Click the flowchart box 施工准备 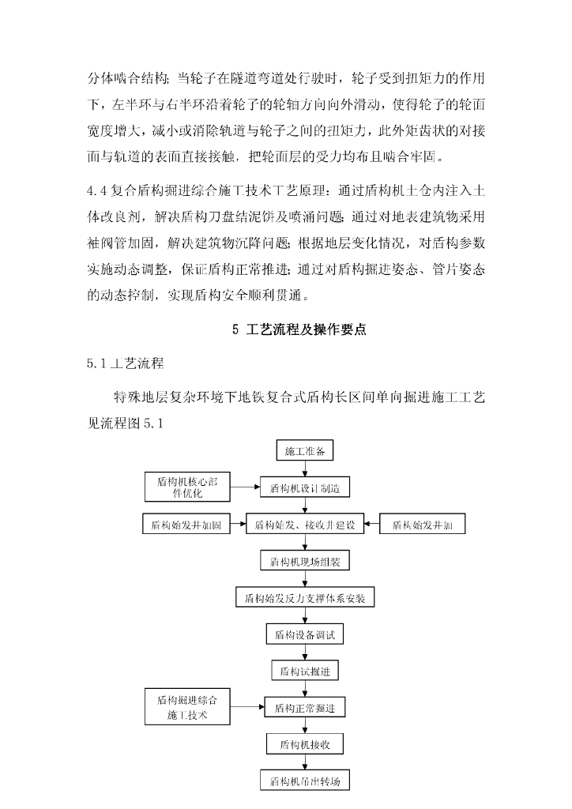[x=305, y=451]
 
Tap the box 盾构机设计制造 [x=305, y=488]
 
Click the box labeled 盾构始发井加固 [x=186, y=525]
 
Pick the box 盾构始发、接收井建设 [x=305, y=525]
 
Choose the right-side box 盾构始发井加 [x=423, y=525]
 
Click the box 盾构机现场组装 [x=305, y=562]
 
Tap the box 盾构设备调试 [x=305, y=634]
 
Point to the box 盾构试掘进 [x=305, y=671]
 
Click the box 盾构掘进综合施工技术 [x=187, y=707]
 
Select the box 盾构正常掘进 [x=305, y=708]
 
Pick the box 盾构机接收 [x=305, y=744]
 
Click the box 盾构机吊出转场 [x=305, y=781]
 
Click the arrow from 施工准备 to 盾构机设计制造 [x=305, y=469]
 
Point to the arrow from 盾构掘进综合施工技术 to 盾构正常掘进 [x=246, y=707]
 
